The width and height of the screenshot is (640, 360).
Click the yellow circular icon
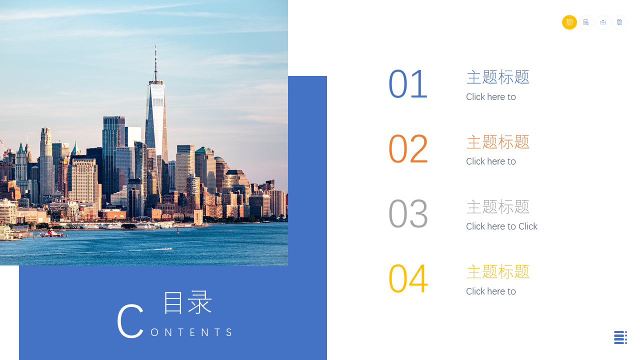569,22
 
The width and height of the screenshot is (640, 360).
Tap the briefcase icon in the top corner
603,22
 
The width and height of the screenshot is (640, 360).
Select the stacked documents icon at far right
619,22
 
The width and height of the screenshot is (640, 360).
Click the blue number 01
408,84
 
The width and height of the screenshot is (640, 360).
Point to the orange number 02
408,148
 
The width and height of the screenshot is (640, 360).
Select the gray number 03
408,213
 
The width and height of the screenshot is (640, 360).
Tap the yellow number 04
408,278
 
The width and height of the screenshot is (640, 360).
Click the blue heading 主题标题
498,77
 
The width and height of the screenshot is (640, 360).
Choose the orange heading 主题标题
498,142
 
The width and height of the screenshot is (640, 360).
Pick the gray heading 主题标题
498,207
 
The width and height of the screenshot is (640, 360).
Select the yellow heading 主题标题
498,271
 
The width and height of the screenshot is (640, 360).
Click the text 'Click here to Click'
501,226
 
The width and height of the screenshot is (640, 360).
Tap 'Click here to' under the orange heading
491,161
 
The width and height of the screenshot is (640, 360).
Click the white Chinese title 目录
187,302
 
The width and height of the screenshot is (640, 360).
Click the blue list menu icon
620,337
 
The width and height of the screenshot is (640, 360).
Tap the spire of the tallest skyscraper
155,63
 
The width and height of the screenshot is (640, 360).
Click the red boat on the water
53,233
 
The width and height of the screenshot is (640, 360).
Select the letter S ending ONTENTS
229,332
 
